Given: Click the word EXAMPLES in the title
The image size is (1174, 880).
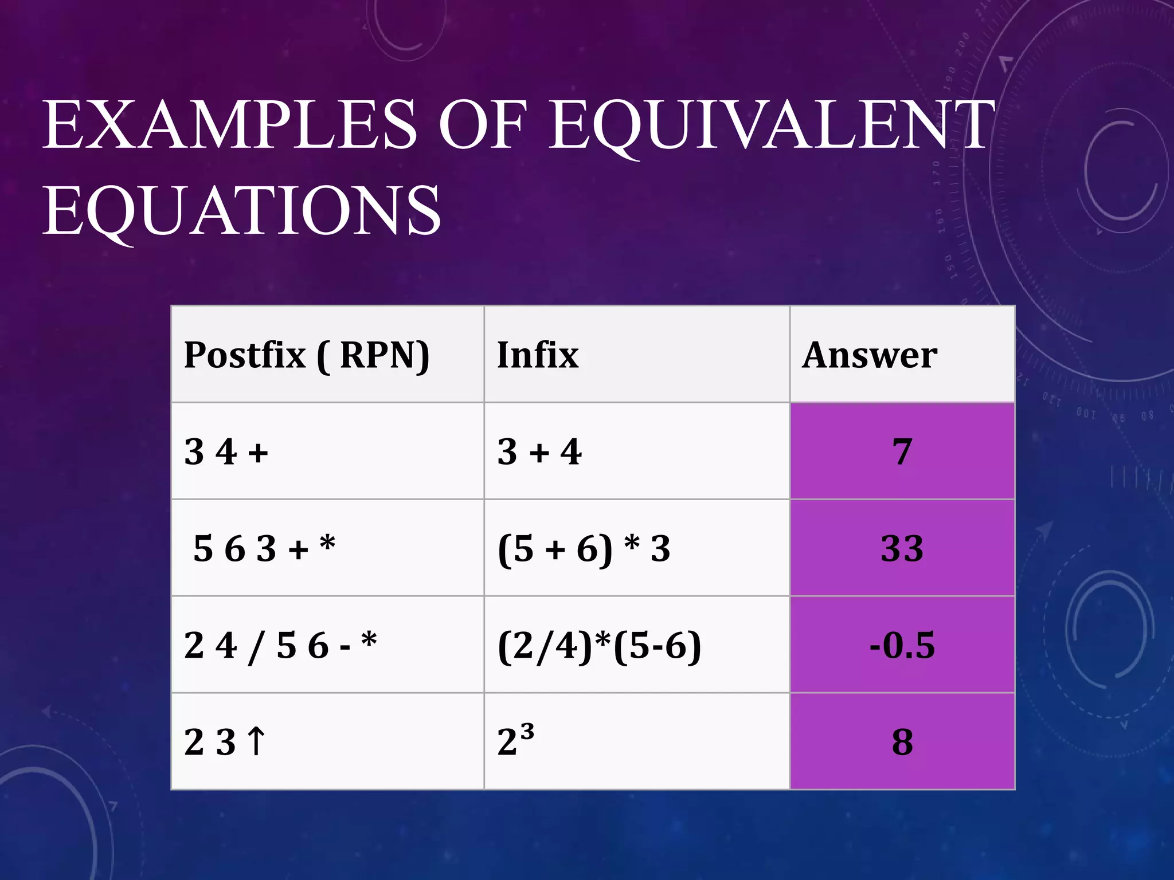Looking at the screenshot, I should click(x=229, y=125).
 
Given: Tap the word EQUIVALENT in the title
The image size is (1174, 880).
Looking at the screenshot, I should click(x=771, y=125).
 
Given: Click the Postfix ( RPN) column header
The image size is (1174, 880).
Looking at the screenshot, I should click(x=307, y=355).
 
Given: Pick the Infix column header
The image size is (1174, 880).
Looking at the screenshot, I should click(x=538, y=355).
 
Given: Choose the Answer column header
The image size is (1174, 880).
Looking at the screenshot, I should click(x=870, y=355).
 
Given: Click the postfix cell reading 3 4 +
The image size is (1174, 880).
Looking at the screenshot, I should click(x=226, y=451).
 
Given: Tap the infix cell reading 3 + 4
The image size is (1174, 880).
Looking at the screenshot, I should click(x=539, y=451).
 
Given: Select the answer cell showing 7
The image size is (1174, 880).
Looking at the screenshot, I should click(x=902, y=451).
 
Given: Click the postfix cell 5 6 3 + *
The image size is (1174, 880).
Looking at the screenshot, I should click(x=264, y=548).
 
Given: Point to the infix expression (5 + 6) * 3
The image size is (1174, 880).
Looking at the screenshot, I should click(x=584, y=548).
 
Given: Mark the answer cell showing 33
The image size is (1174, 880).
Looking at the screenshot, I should click(x=902, y=548).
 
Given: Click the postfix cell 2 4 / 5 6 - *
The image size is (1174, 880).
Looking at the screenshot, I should click(x=280, y=645).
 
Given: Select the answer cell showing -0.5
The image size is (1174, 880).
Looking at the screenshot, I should click(x=902, y=645).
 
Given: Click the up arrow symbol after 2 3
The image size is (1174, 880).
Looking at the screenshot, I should click(x=256, y=741).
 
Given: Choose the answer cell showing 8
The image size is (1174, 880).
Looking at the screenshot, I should click(x=902, y=742).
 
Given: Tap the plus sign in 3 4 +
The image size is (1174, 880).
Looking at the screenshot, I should click(x=258, y=453).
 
